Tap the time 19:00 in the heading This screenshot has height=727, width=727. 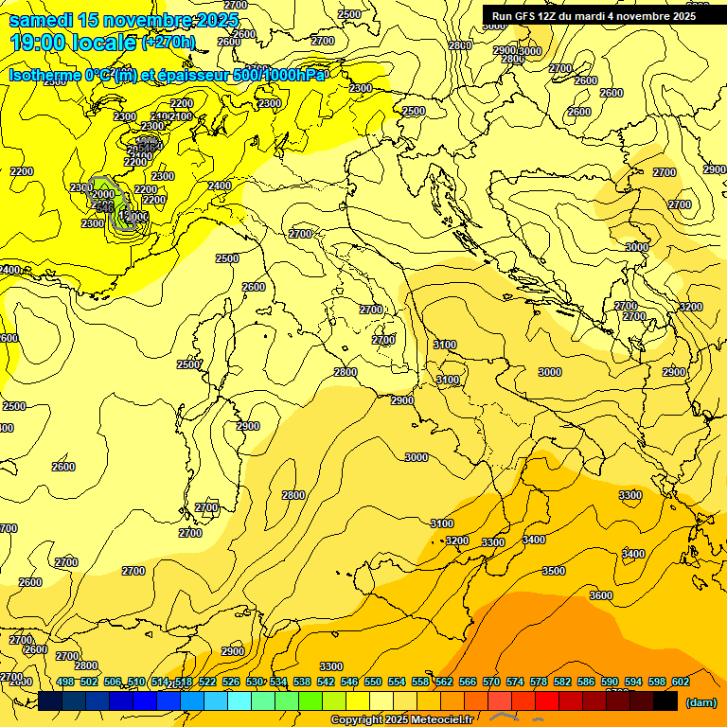[39, 42]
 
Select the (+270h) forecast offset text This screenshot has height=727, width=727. [168, 42]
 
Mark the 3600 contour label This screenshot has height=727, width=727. [600, 595]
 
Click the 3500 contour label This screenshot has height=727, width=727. [554, 571]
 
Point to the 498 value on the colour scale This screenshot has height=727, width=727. [65, 682]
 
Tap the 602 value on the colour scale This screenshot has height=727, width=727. [681, 682]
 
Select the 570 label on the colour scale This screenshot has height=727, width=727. [491, 682]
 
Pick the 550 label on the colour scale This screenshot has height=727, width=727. [373, 682]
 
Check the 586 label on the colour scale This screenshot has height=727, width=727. [586, 682]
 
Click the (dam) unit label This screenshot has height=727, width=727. [700, 702]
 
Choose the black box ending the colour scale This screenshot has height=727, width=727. [665, 701]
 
